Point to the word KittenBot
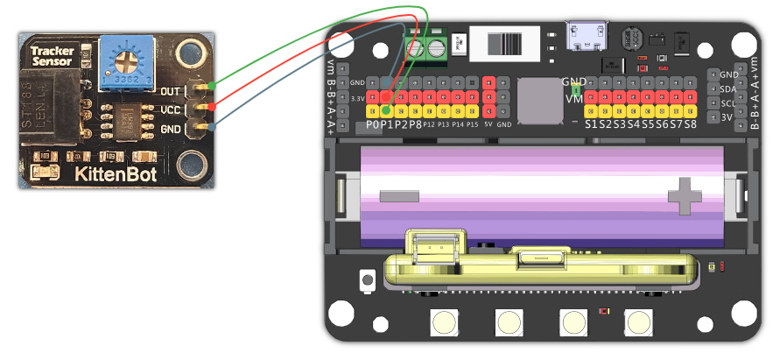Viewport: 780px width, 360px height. (116, 174)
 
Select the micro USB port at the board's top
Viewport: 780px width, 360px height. (585, 37)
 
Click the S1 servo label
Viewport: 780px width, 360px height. (592, 124)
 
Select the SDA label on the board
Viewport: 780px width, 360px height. (727, 88)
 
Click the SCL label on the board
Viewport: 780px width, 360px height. (727, 102)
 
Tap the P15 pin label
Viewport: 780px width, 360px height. (473, 125)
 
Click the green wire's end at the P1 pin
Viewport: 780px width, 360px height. (386, 110)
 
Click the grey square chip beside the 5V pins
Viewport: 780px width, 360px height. (539, 100)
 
